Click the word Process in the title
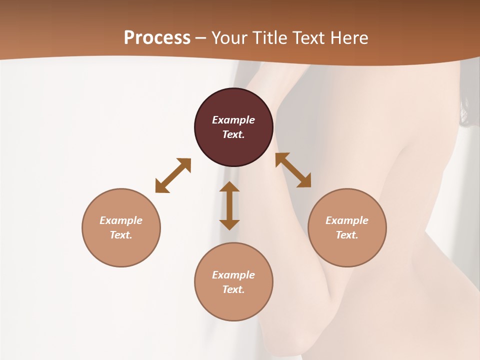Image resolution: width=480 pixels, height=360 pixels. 157,38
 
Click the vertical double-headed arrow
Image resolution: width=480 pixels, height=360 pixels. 229,205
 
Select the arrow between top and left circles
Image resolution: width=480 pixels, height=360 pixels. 173,175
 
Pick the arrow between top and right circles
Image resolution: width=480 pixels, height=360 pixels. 293,170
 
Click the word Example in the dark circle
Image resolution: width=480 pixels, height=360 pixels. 233,120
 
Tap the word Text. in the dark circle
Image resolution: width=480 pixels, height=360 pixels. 233,134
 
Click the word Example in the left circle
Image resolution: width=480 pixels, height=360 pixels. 121,220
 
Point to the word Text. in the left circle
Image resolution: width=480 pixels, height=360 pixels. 121,235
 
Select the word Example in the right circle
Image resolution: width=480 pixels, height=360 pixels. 347,220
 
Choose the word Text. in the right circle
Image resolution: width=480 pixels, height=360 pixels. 347,235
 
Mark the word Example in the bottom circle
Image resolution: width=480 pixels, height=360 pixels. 233,275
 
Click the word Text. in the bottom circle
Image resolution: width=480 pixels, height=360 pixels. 233,289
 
